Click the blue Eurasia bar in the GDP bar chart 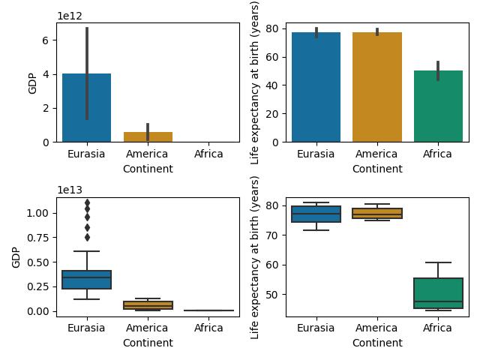pos(87,112)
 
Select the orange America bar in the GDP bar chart pos(148,137)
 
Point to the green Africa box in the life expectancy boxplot pos(438,293)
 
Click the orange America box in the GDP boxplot pos(148,304)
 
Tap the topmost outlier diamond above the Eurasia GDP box pos(87,202)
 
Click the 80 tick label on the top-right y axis pos(277,28)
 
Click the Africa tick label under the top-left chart pos(208,154)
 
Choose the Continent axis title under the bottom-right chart pos(377,343)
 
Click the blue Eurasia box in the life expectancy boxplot pos(316,214)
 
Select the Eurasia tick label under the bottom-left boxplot pos(87,328)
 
